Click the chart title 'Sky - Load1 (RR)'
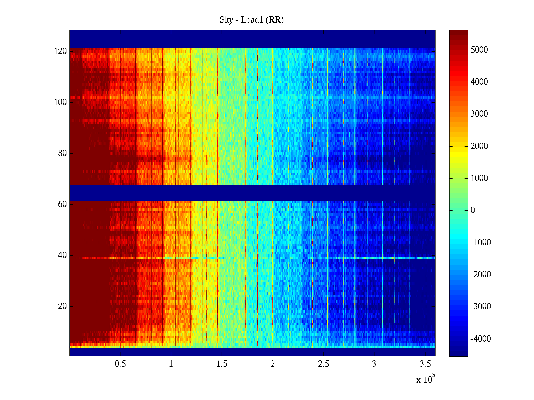pyautogui.click(x=252, y=20)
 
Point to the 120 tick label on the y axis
pyautogui.click(x=60, y=51)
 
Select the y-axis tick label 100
pyautogui.click(x=60, y=102)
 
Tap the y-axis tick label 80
pyautogui.click(x=62, y=153)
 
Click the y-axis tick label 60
pyautogui.click(x=62, y=204)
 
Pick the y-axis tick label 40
pyautogui.click(x=62, y=255)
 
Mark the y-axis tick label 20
pyautogui.click(x=62, y=306)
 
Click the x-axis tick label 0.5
pyautogui.click(x=120, y=364)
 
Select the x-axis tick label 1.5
pyautogui.click(x=222, y=364)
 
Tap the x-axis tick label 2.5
pyautogui.click(x=323, y=364)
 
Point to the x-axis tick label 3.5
pyautogui.click(x=425, y=364)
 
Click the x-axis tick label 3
pyautogui.click(x=374, y=364)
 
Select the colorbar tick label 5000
pyautogui.click(x=479, y=50)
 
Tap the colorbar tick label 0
pyautogui.click(x=473, y=210)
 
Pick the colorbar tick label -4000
pyautogui.click(x=481, y=339)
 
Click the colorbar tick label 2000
pyautogui.click(x=479, y=146)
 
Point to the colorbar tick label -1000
pyautogui.click(x=481, y=243)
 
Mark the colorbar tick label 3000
pyautogui.click(x=479, y=114)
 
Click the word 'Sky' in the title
pyautogui.click(x=226, y=20)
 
